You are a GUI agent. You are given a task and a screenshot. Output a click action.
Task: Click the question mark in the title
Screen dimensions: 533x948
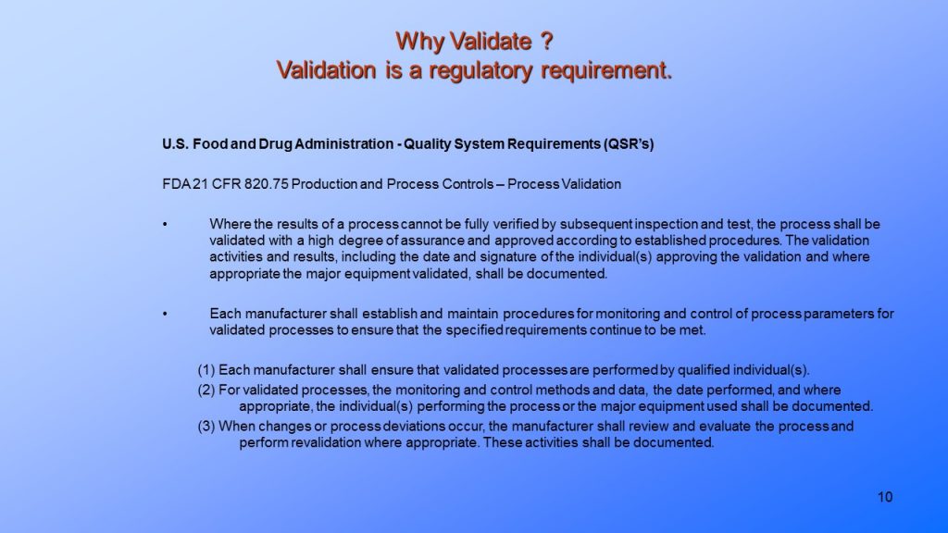coord(546,42)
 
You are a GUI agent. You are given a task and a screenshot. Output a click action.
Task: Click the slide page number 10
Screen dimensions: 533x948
coord(884,498)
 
